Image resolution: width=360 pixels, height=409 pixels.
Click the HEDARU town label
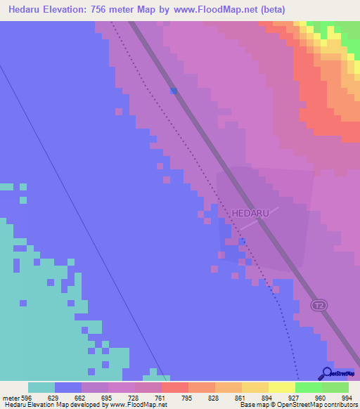coord(250,212)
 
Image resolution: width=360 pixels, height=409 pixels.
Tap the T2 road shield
coord(319,305)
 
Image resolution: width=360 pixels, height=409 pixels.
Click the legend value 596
coord(27,397)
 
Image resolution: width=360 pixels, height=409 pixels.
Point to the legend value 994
coord(347,397)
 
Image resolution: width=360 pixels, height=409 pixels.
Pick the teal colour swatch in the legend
coord(41,387)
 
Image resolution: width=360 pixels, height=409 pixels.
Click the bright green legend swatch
coord(308,387)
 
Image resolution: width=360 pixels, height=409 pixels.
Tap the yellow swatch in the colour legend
coord(281,387)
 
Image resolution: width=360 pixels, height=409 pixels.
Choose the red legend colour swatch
coord(174,387)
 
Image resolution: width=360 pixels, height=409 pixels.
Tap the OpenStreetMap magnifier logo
coord(326,373)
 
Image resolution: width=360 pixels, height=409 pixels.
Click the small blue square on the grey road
coord(173,91)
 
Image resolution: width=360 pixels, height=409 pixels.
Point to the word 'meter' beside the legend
coord(11,397)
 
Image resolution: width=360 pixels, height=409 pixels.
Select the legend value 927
coord(294,397)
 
